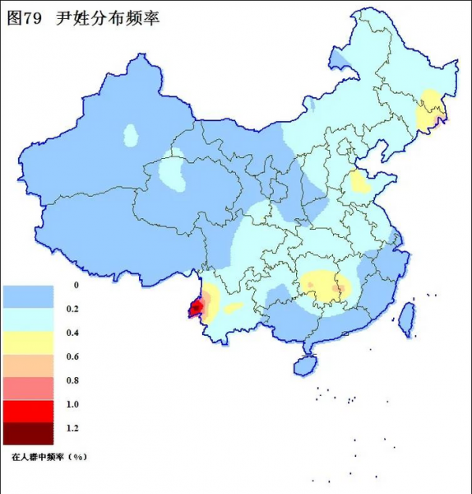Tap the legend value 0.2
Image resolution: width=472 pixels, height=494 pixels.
[x=72, y=309]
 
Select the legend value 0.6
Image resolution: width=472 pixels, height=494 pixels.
[x=72, y=357]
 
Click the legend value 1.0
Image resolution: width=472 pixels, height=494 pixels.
[x=72, y=404]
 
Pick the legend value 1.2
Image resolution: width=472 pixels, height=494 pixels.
[x=72, y=428]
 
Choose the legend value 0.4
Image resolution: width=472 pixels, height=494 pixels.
[x=72, y=333]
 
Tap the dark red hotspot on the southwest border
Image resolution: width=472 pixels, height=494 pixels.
[x=196, y=309]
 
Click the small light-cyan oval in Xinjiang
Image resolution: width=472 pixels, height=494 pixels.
[x=131, y=133]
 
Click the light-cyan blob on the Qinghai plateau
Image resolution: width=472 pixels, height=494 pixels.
[x=172, y=171]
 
